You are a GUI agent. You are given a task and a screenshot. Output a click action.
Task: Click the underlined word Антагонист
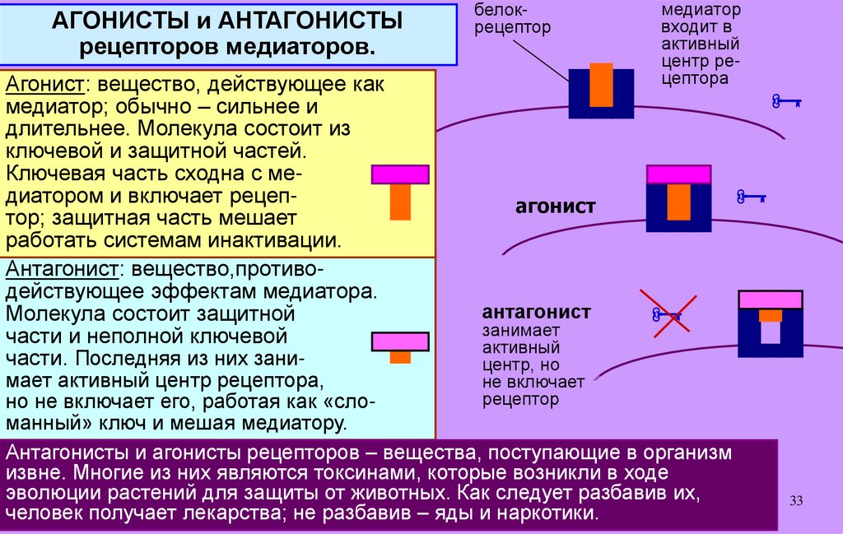coord(63,270)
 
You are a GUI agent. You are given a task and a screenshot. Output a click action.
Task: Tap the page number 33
coord(795,501)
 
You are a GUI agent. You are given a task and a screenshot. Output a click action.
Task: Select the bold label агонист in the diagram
coord(555,207)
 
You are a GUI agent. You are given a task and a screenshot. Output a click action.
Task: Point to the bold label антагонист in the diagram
coord(536,313)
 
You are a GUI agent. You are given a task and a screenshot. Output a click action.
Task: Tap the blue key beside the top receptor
coord(786,102)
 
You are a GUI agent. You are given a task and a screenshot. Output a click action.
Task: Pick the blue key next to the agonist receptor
coord(751,197)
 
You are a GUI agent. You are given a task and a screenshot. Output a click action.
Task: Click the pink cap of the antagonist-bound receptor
coord(770,299)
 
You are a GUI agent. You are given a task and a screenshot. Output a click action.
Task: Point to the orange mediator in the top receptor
coord(602,85)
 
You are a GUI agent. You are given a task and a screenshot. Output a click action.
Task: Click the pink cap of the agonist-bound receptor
coord(678,174)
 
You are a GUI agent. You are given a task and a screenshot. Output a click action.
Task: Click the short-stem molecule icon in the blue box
coord(400,345)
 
